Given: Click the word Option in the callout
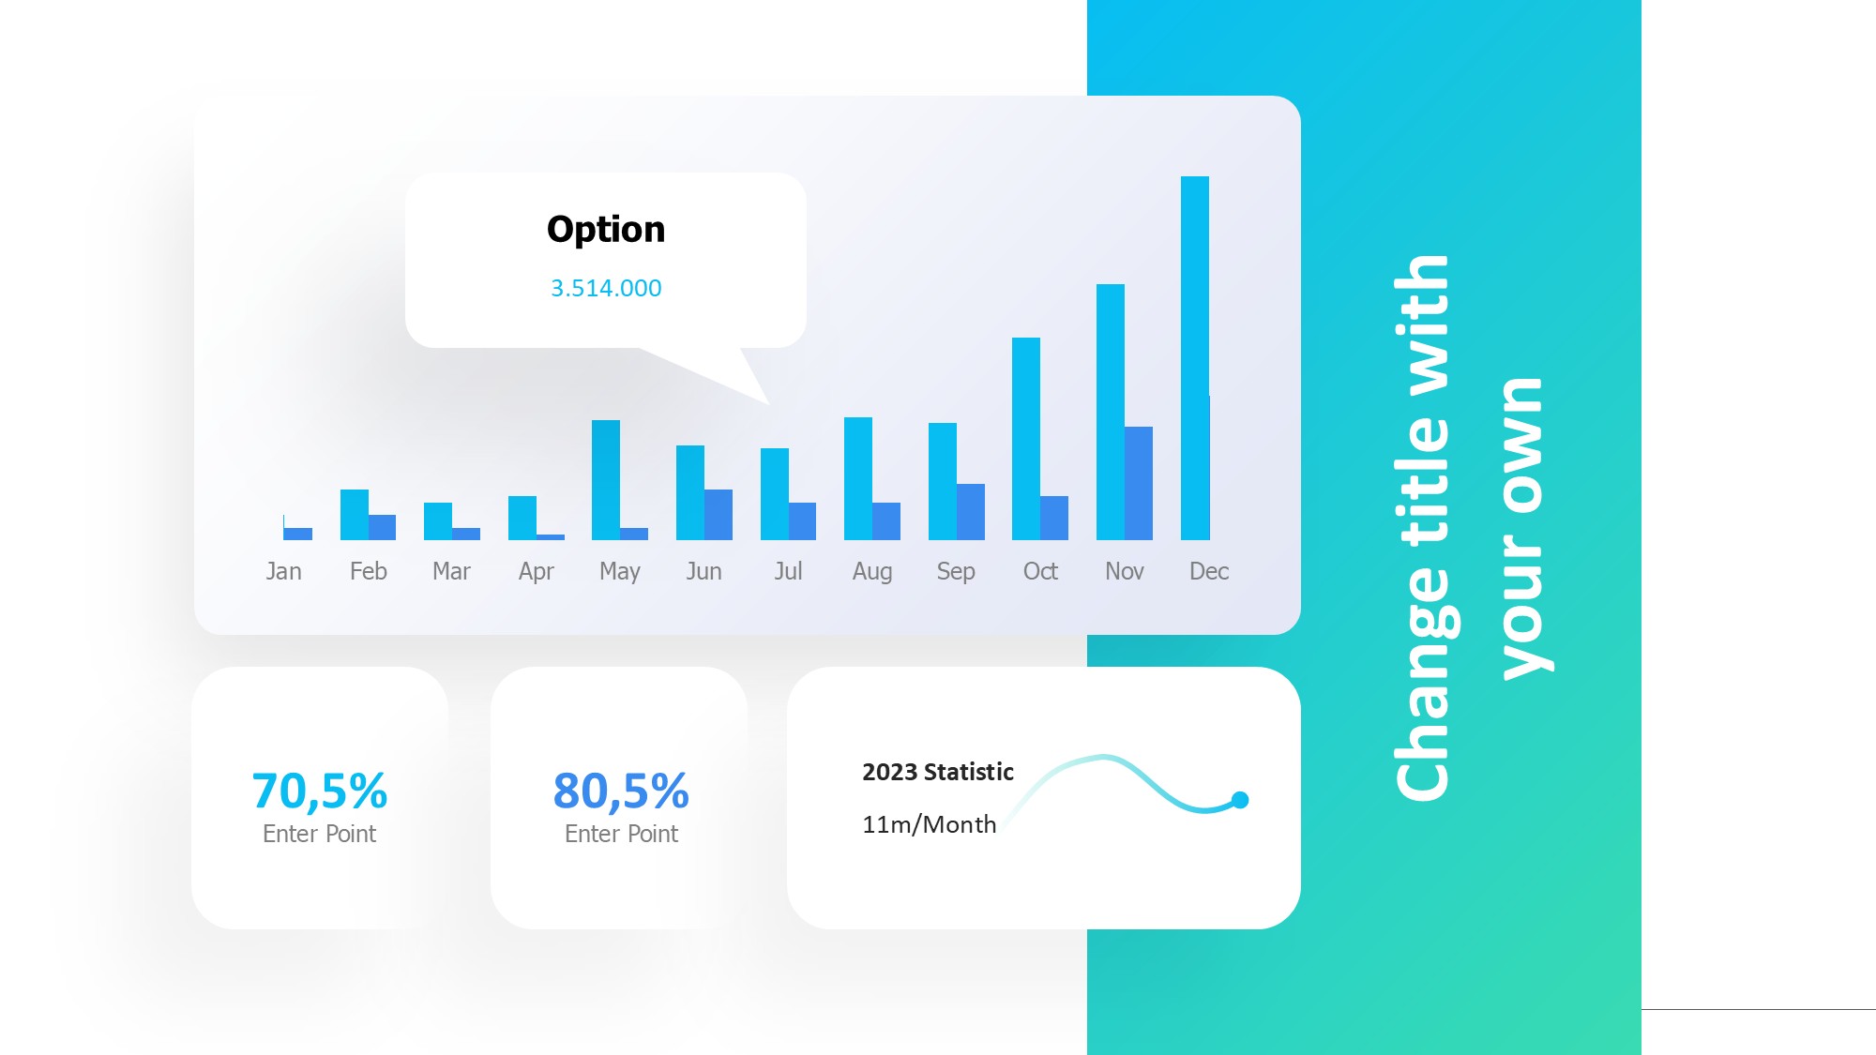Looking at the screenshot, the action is tap(606, 230).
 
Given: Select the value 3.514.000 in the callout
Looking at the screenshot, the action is tap(606, 288).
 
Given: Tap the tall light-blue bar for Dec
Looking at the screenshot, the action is tap(1195, 358).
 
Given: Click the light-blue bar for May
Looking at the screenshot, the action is tap(606, 480).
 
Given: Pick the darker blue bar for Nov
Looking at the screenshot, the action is tap(1139, 484).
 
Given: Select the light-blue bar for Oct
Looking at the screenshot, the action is tap(1026, 439).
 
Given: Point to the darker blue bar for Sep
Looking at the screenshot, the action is tap(971, 512).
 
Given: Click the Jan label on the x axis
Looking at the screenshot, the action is tap(283, 571).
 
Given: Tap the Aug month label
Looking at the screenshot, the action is tap(872, 572).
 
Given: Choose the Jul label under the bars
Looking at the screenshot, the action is tap(788, 571).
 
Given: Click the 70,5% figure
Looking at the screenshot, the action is tap(320, 791).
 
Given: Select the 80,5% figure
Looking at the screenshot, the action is tap(621, 791).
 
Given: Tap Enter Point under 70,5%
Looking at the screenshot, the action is tap(319, 834).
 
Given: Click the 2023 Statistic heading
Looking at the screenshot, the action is tap(938, 772).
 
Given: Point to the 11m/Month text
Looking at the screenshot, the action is tap(930, 824).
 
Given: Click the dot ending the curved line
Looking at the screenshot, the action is tap(1240, 800).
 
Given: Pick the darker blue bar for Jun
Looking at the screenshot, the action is tap(719, 515).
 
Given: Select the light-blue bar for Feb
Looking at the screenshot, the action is tap(355, 515).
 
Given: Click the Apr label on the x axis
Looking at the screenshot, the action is tap(537, 572).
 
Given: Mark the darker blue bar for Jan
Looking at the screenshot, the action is tap(298, 534).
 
